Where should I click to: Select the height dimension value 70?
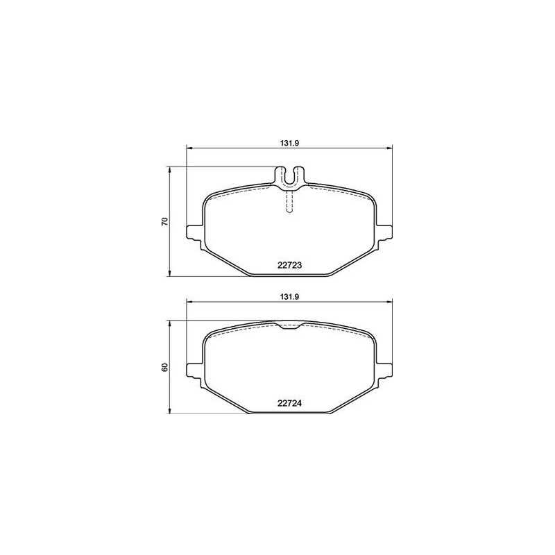point(164,222)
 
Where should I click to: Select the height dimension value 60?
point(164,367)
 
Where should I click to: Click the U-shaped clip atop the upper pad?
point(290,176)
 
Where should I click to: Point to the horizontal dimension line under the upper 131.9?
point(236,146)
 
